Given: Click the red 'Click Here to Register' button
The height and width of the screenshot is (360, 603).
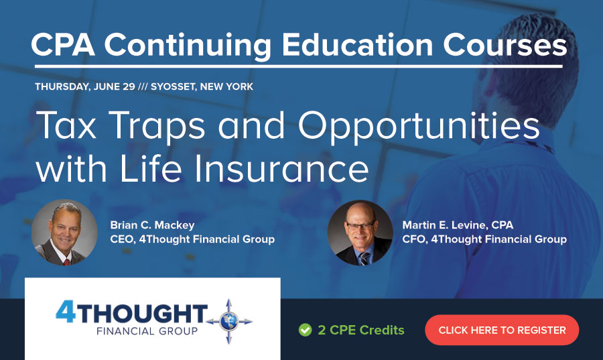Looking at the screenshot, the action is click(502, 330).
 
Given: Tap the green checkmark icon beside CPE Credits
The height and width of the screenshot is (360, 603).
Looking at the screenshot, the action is click(306, 330).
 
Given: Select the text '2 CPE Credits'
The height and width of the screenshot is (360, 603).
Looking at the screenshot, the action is click(361, 330).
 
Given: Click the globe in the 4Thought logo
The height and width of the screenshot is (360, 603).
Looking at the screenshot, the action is click(229, 321).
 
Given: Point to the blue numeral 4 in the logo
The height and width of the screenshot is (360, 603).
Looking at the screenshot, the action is click(66, 312).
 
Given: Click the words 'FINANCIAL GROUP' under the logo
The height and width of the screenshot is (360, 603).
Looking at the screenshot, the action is click(147, 331).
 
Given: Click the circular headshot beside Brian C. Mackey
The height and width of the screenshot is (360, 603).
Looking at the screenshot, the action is click(64, 233).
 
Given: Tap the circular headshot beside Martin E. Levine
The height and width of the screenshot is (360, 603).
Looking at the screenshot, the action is click(360, 233).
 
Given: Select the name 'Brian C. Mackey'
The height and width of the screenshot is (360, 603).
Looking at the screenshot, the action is click(152, 225).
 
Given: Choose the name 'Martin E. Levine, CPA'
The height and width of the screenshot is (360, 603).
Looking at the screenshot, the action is click(458, 225).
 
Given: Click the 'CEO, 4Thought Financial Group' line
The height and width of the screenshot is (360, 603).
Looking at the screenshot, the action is click(192, 239).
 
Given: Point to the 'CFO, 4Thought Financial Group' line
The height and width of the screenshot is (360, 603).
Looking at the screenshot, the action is click(484, 239).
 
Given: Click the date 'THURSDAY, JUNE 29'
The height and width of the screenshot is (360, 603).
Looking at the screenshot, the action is click(85, 86).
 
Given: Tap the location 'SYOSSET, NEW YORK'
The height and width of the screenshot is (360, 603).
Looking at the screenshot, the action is click(202, 86).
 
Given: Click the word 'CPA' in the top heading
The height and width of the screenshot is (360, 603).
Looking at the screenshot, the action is click(63, 45).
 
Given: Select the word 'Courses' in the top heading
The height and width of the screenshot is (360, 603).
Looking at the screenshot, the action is click(505, 45).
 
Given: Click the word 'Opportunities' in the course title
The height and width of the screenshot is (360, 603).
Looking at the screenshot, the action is click(419, 126).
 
